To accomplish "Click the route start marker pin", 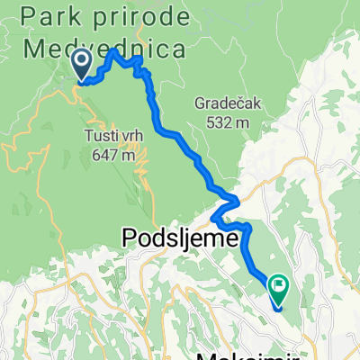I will [x=81, y=65].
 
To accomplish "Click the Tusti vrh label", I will [x=112, y=135].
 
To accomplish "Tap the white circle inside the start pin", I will [x=81, y=60].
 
